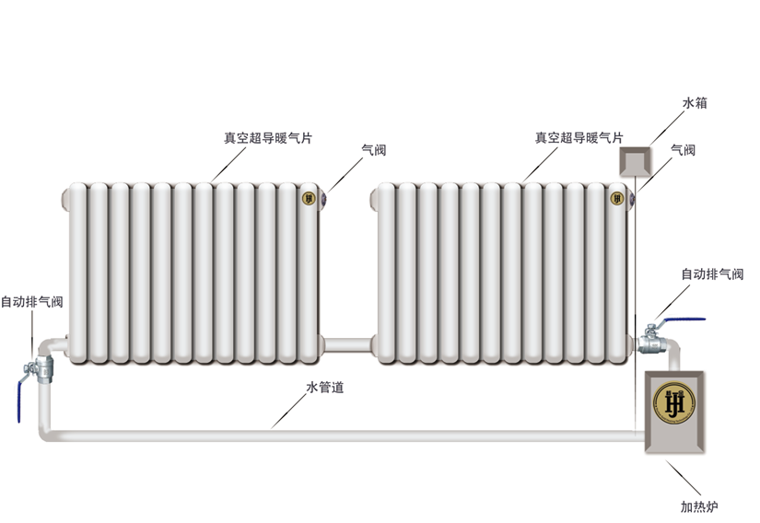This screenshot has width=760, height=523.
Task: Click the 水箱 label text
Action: pos(694,104)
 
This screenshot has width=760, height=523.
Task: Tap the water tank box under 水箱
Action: pos(634,163)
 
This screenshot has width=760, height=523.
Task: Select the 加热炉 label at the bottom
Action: pos(699,506)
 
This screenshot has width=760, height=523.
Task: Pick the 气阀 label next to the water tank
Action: pos(682,150)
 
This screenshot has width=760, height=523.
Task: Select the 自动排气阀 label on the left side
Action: pos(31,301)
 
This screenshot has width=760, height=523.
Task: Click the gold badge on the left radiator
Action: pos(309,197)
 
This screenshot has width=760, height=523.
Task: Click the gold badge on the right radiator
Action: pos(617,197)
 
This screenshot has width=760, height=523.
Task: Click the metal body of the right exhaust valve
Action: pos(651,343)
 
